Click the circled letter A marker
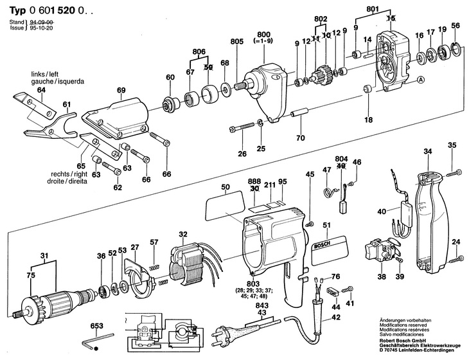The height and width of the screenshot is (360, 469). (421, 80)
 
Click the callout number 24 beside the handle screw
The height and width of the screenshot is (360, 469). (456, 242)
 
